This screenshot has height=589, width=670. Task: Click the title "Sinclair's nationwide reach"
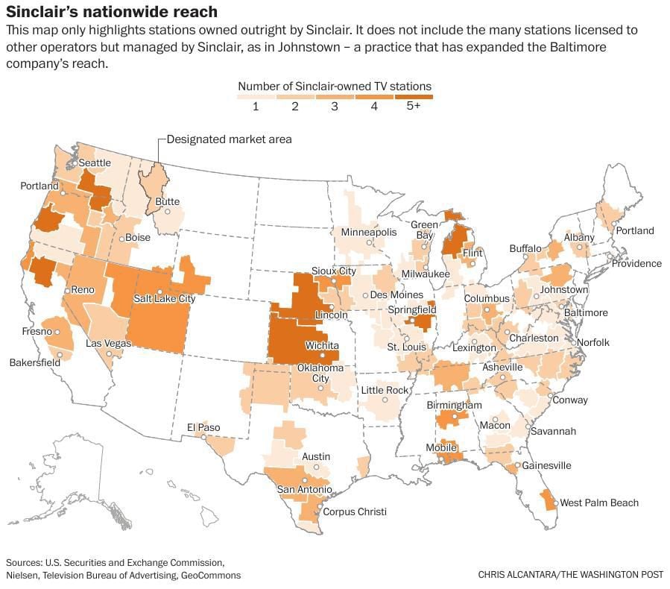pyautogui.click(x=113, y=12)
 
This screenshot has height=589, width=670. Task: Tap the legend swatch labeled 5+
pyautogui.click(x=413, y=96)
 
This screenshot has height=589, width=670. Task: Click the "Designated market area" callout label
pyautogui.click(x=229, y=139)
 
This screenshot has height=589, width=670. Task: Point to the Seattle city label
pyautogui.click(x=95, y=163)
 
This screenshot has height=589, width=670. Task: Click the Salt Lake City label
pyautogui.click(x=164, y=298)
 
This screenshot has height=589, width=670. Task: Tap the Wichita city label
pyautogui.click(x=322, y=346)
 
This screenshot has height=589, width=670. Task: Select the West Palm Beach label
pyautogui.click(x=599, y=503)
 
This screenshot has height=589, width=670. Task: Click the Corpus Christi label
pyautogui.click(x=355, y=511)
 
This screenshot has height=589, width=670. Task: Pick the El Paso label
pyautogui.click(x=203, y=427)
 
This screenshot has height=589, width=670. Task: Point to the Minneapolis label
pyautogui.click(x=369, y=233)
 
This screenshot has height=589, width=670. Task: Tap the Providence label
pyautogui.click(x=636, y=263)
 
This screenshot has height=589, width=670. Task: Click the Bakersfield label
pyautogui.click(x=34, y=362)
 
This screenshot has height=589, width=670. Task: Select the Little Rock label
pyautogui.click(x=385, y=390)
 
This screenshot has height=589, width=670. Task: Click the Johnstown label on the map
pyautogui.click(x=564, y=289)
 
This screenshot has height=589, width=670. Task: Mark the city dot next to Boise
pyautogui.click(x=121, y=239)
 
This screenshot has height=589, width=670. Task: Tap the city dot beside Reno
pyautogui.click(x=67, y=290)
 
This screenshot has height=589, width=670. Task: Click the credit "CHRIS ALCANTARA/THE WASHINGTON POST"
pyautogui.click(x=570, y=575)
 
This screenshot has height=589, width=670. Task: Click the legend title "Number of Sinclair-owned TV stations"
pyautogui.click(x=334, y=86)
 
